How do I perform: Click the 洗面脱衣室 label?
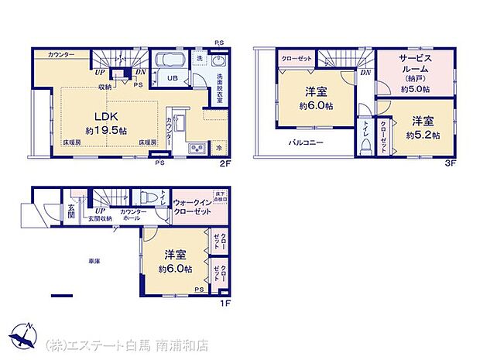(220, 84)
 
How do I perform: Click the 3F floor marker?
(451, 165)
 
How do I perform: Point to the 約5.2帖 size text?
(423, 135)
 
